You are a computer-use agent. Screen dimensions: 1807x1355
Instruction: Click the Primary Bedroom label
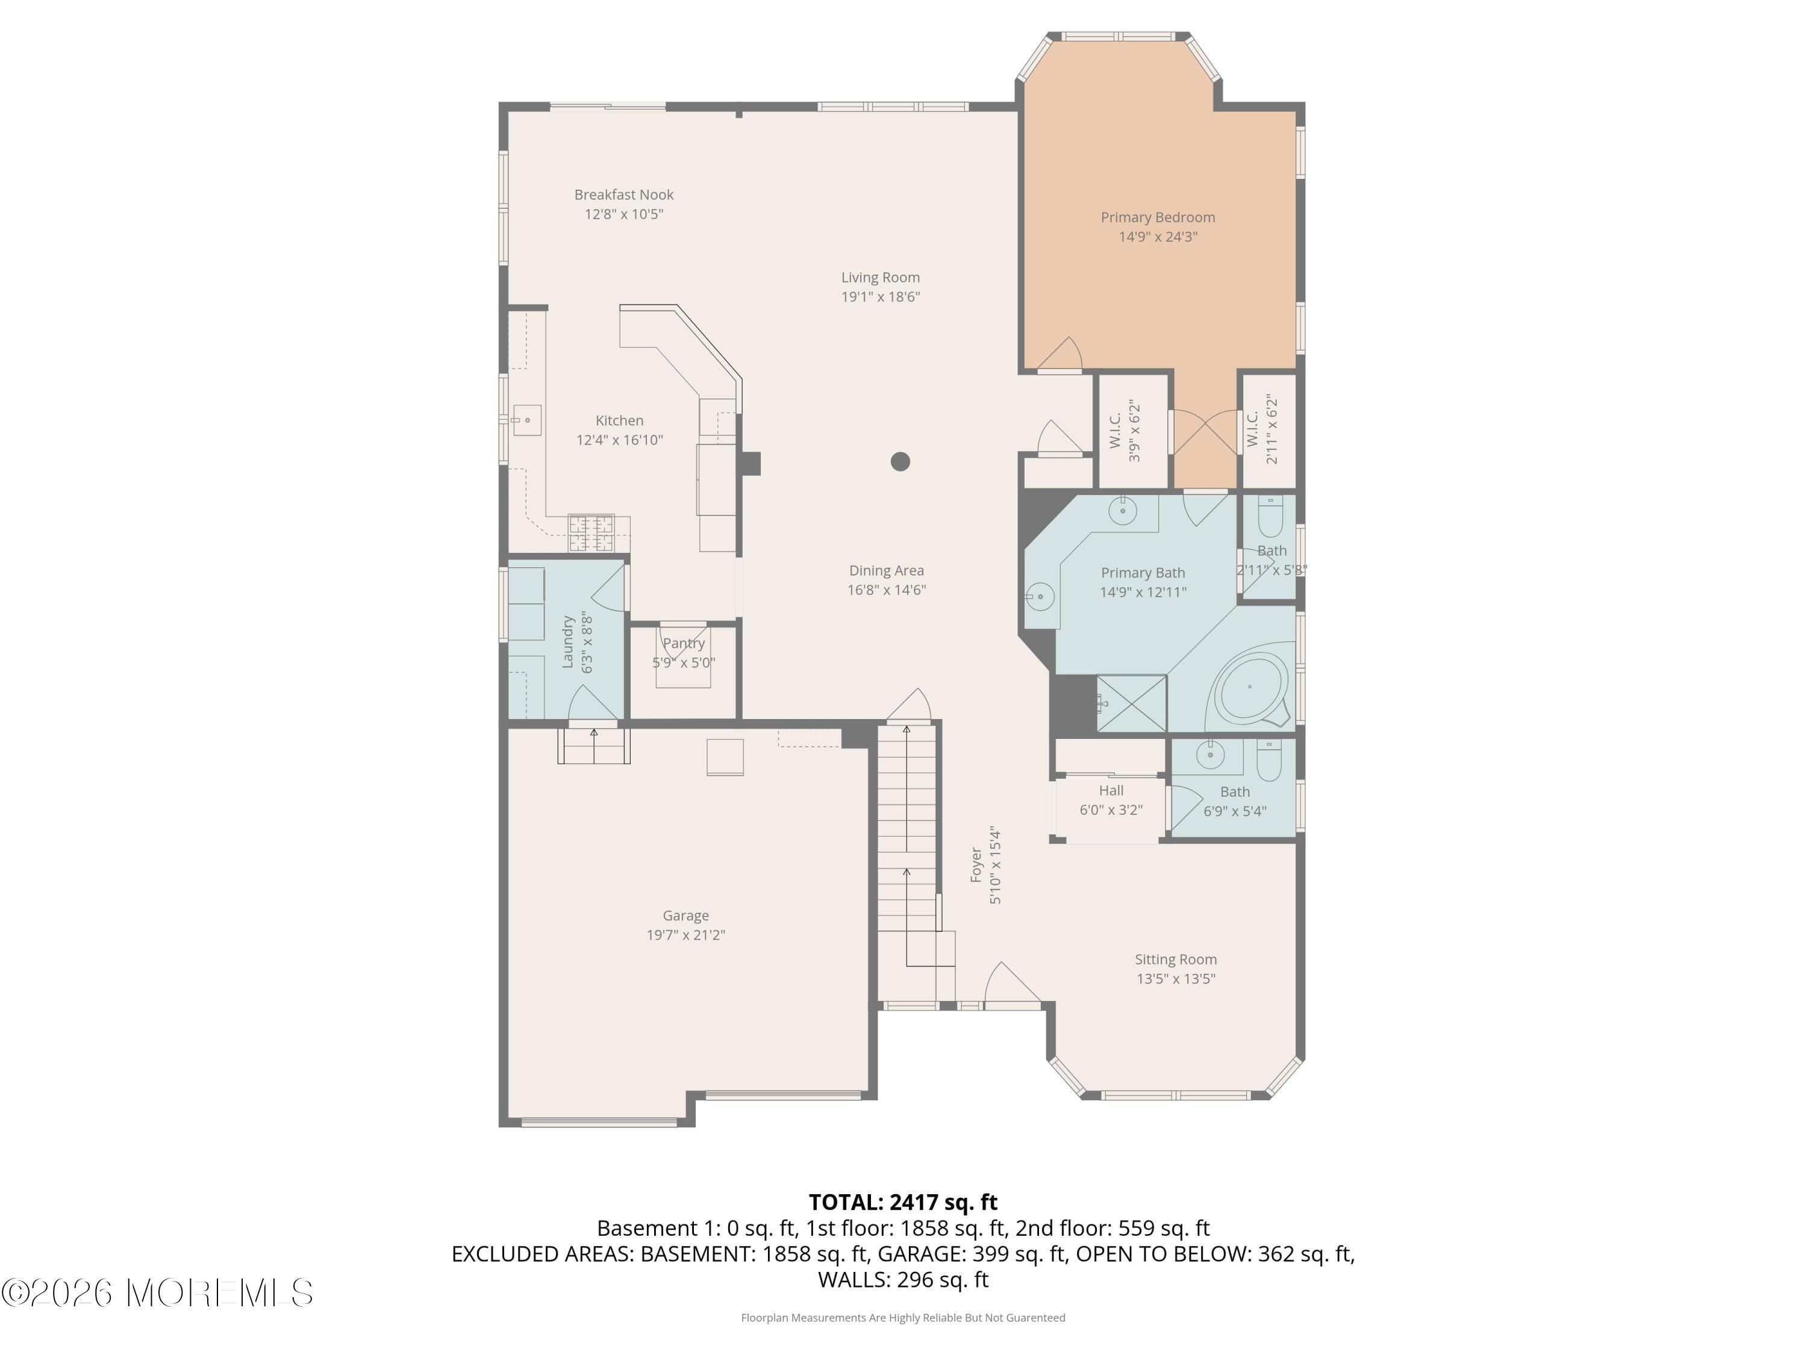(1158, 217)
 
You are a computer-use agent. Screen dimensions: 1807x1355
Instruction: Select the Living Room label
(881, 278)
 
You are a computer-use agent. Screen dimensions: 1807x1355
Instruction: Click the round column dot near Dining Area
(900, 461)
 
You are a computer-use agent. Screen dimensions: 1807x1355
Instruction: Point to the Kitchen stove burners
(591, 534)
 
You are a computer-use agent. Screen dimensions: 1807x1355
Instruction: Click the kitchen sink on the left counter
(527, 420)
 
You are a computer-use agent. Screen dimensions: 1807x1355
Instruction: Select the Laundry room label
(568, 642)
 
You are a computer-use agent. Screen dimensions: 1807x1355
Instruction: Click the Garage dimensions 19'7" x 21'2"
(686, 935)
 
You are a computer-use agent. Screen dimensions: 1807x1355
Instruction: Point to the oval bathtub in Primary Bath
(1250, 685)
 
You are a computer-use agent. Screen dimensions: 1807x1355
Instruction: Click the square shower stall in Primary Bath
(1131, 703)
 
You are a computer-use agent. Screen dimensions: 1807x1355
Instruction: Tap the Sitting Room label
(1176, 960)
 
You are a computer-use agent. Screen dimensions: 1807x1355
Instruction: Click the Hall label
(1111, 791)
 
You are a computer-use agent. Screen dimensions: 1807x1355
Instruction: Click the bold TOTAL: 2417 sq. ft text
(903, 1202)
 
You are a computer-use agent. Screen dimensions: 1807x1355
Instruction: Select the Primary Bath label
(1143, 573)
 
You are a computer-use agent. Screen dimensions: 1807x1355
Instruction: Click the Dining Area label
(887, 571)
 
